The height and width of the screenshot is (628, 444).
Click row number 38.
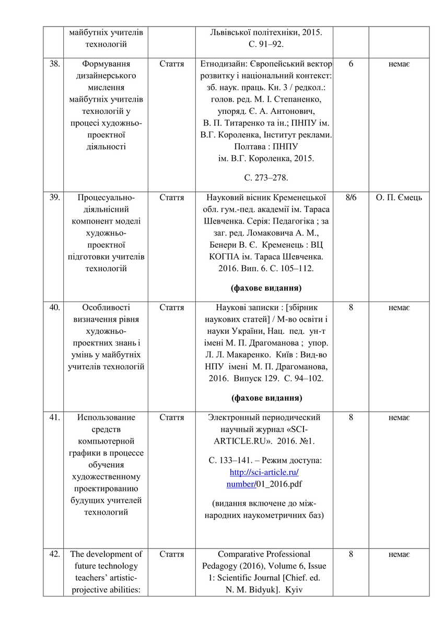pyautogui.click(x=54, y=64)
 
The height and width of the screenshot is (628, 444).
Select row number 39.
pyautogui.click(x=54, y=197)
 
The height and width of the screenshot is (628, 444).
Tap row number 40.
pyautogui.click(x=54, y=308)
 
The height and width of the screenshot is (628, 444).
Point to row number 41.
pyautogui.click(x=54, y=417)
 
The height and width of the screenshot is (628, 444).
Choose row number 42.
pyautogui.click(x=54, y=554)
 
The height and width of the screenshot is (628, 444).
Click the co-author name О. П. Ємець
pyautogui.click(x=399, y=197)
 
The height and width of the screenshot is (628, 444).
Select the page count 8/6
pyautogui.click(x=350, y=197)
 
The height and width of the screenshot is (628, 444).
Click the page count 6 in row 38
pyautogui.click(x=350, y=64)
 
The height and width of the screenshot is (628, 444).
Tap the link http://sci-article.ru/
pyautogui.click(x=264, y=472)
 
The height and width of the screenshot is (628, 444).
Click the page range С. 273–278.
pyautogui.click(x=266, y=178)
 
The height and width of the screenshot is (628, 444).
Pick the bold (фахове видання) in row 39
pyautogui.click(x=266, y=288)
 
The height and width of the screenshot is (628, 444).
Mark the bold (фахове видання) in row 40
pyautogui.click(x=266, y=398)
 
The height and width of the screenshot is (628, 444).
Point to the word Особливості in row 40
pyautogui.click(x=106, y=308)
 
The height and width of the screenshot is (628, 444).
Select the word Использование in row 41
pyautogui.click(x=106, y=417)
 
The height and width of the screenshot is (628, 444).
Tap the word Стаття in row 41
pyautogui.click(x=171, y=417)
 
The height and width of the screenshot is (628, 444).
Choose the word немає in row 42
pyautogui.click(x=399, y=554)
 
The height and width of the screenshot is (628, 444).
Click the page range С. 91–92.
pyautogui.click(x=266, y=44)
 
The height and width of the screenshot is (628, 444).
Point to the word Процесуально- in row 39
pyautogui.click(x=106, y=197)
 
